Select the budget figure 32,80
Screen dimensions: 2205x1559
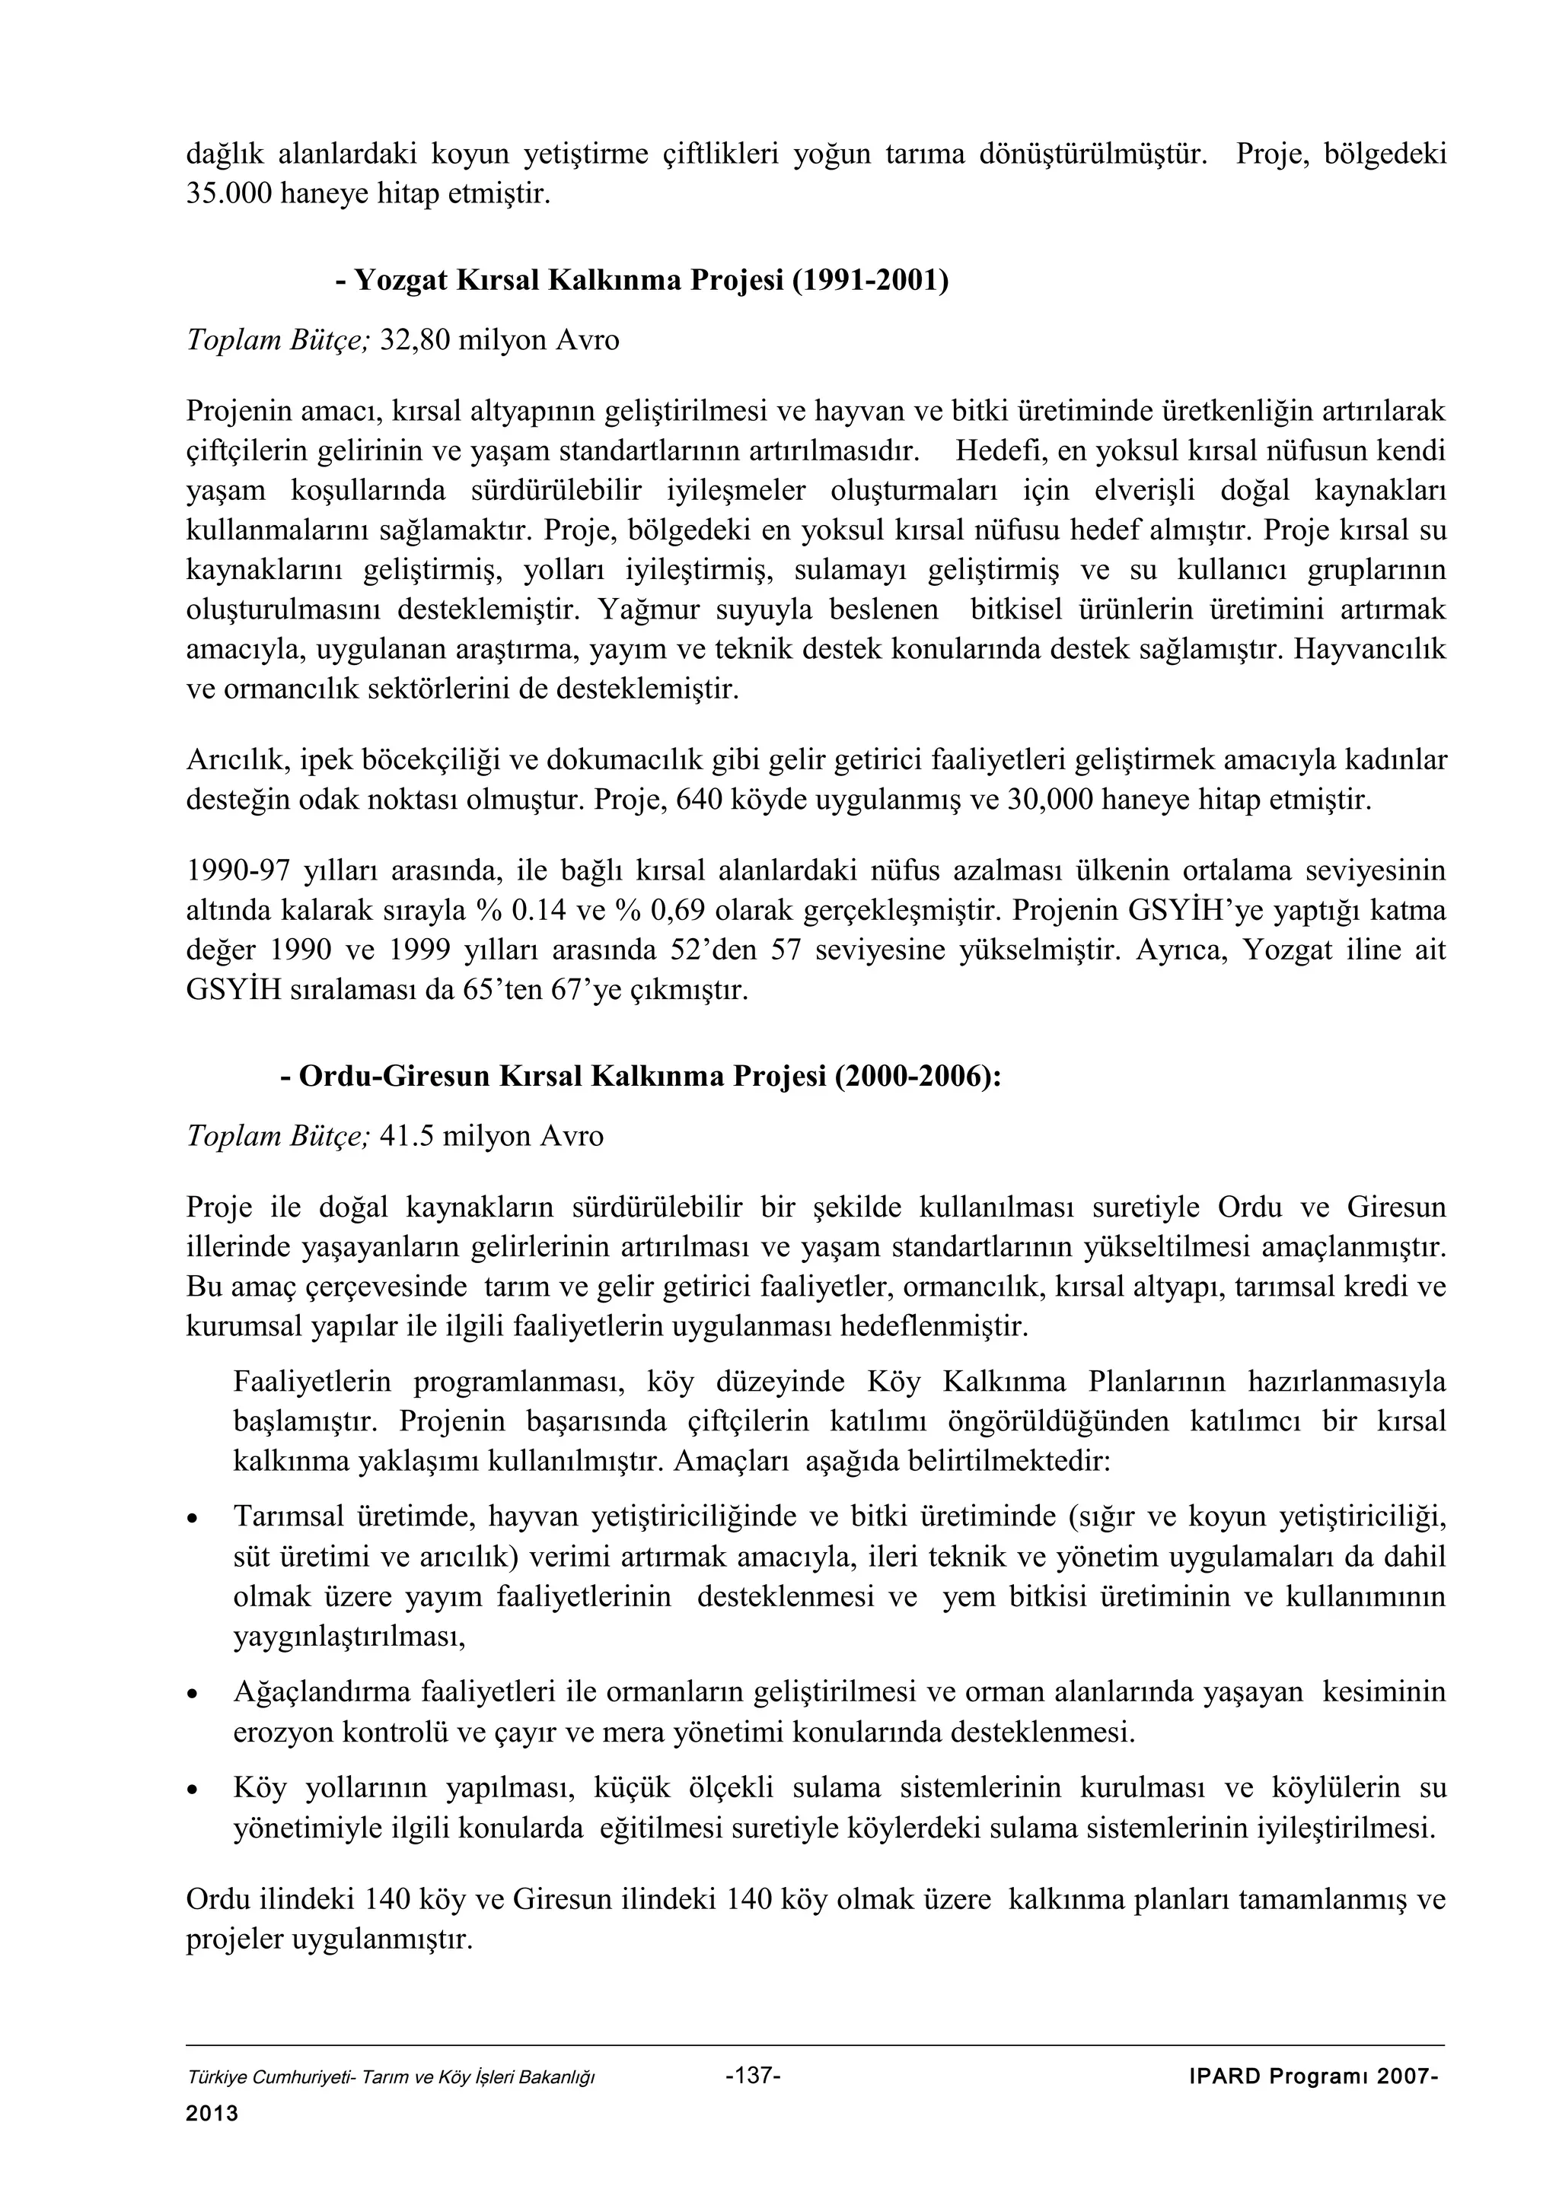tap(415, 340)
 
